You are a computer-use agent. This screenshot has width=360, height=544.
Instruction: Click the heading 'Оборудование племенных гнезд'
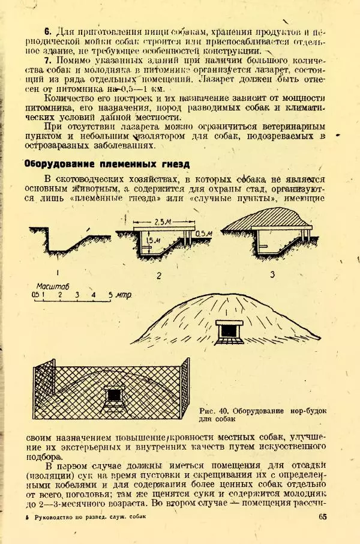[x=106, y=163]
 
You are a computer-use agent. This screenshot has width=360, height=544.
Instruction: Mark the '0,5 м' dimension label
[x=203, y=233]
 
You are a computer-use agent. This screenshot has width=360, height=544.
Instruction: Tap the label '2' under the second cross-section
[x=158, y=276]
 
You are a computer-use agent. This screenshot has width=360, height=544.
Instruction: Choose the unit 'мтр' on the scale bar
[x=124, y=295]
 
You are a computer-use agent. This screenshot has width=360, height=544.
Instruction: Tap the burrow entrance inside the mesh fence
[x=113, y=396]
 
